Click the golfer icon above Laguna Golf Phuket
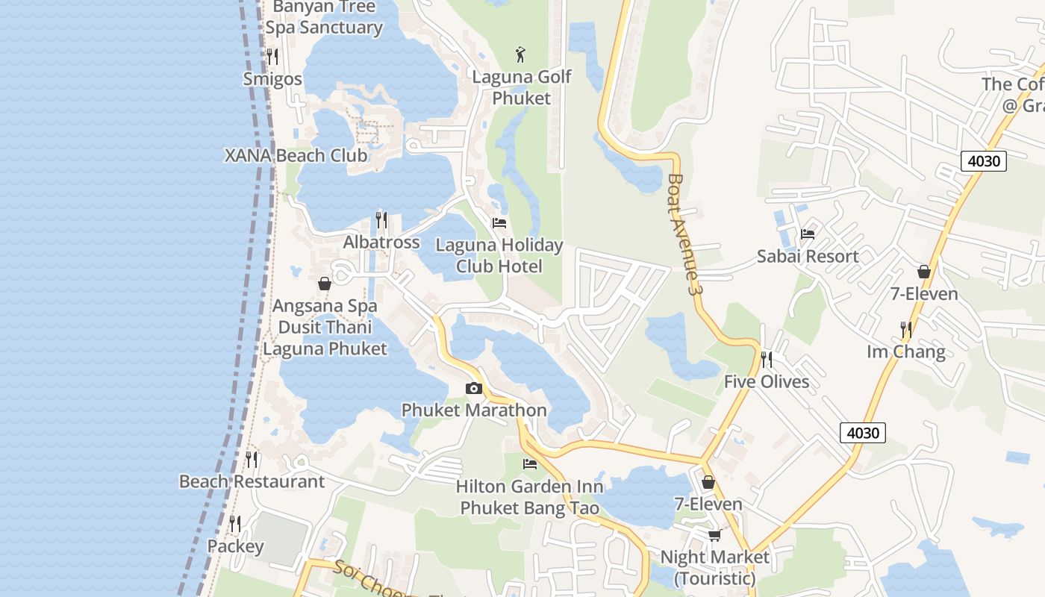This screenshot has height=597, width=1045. [521, 54]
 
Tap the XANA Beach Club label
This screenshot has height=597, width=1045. [296, 155]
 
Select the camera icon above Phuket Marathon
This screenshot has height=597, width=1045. [473, 388]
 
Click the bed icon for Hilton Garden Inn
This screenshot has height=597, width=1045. [530, 464]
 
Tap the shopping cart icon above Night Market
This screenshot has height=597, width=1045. [714, 535]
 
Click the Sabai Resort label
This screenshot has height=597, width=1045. [808, 256]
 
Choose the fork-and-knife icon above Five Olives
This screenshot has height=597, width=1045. [767, 360]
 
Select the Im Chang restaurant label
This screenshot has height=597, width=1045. [905, 351]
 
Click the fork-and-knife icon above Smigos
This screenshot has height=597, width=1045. [272, 57]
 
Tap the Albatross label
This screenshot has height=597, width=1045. [381, 243]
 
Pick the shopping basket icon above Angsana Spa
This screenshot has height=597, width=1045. [325, 284]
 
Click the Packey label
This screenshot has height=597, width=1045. [235, 546]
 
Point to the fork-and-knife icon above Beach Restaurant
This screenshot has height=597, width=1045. [252, 460]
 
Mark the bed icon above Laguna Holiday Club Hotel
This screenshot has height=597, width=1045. [499, 223]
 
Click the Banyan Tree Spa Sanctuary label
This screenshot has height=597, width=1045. [324, 17]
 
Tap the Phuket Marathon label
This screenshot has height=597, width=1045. [474, 410]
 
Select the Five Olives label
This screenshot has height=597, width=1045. [767, 381]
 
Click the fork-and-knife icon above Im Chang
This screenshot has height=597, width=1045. [905, 329]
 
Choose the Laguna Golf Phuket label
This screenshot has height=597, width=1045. [522, 87]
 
